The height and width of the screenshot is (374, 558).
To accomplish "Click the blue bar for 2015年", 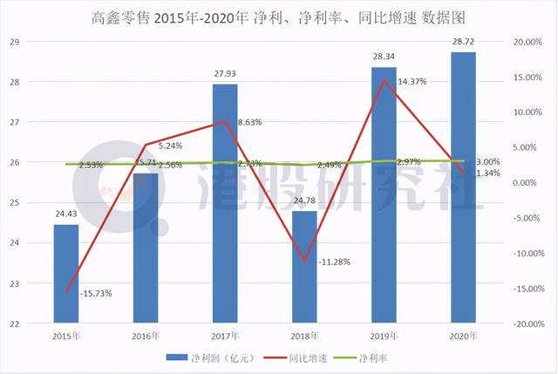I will (x=66, y=274).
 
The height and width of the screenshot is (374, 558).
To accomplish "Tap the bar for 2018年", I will (x=304, y=267).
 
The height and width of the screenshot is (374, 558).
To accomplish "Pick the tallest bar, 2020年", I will (x=463, y=187).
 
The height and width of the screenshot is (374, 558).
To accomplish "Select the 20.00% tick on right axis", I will (x=531, y=42).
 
